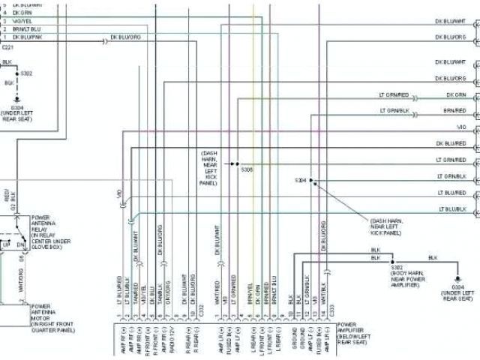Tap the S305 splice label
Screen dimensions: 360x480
[x=247, y=169]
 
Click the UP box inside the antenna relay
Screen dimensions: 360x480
[x=7, y=245]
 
